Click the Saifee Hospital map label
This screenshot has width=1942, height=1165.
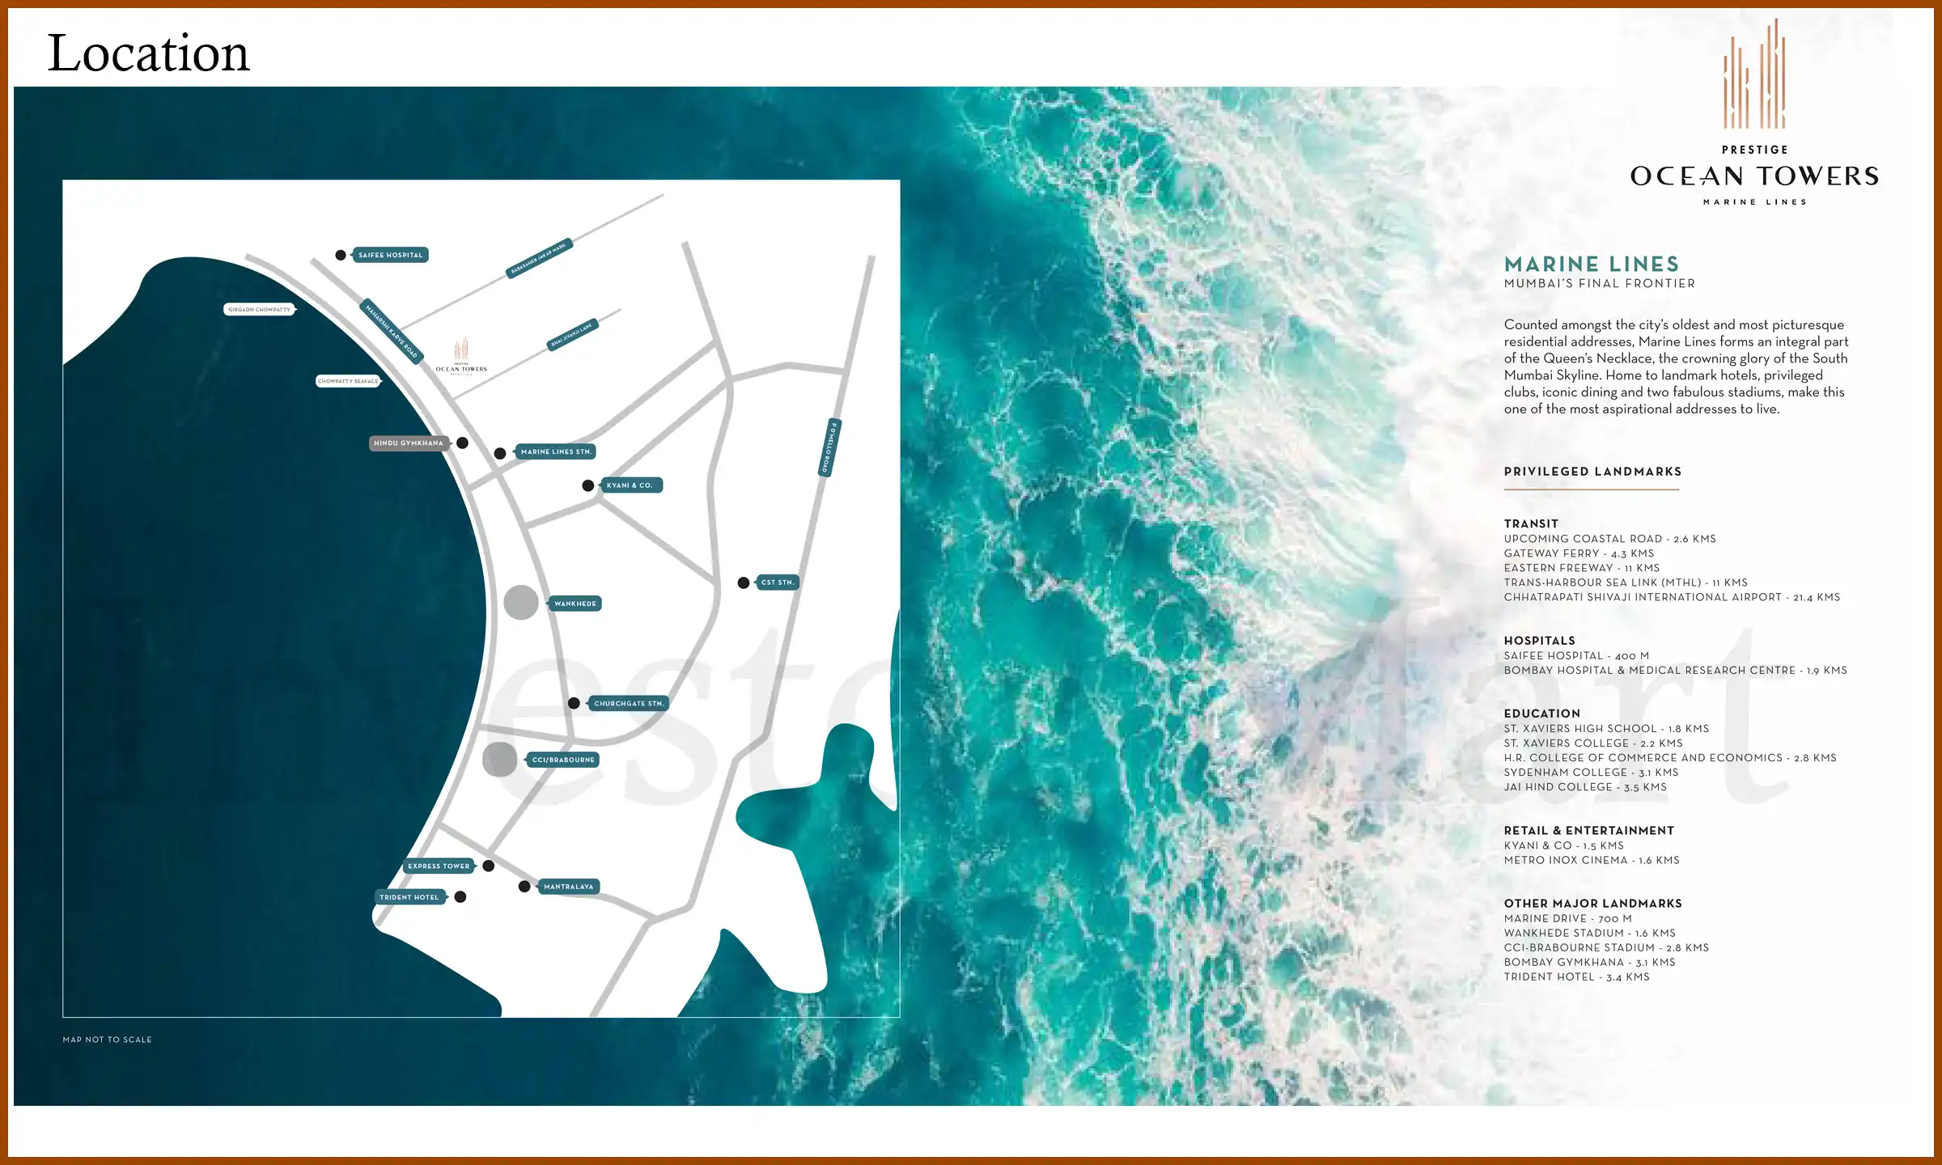click(391, 255)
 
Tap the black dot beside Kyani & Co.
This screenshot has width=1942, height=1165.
click(588, 485)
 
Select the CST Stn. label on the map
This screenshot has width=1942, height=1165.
click(778, 582)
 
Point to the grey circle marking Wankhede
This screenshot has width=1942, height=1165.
click(521, 603)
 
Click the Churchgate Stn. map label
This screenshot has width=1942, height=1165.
click(629, 704)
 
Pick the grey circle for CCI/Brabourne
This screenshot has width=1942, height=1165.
click(499, 760)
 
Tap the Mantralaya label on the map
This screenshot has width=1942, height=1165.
click(568, 887)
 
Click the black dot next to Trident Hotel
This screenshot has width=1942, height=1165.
click(460, 897)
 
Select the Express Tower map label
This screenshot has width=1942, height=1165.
click(439, 866)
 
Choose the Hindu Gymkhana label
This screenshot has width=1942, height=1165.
click(409, 443)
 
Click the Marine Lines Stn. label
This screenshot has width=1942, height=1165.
click(556, 452)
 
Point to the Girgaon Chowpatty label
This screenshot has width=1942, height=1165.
click(259, 310)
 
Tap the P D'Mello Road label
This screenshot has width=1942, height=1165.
click(829, 447)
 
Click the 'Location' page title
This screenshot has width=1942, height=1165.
click(149, 53)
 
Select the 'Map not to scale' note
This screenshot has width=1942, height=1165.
click(108, 1040)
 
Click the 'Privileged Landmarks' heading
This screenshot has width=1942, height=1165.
click(1592, 472)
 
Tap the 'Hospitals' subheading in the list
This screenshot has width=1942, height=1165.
click(1539, 641)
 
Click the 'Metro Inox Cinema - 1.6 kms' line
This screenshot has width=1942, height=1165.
click(1592, 860)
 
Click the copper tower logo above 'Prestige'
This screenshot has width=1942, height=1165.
click(1754, 77)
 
